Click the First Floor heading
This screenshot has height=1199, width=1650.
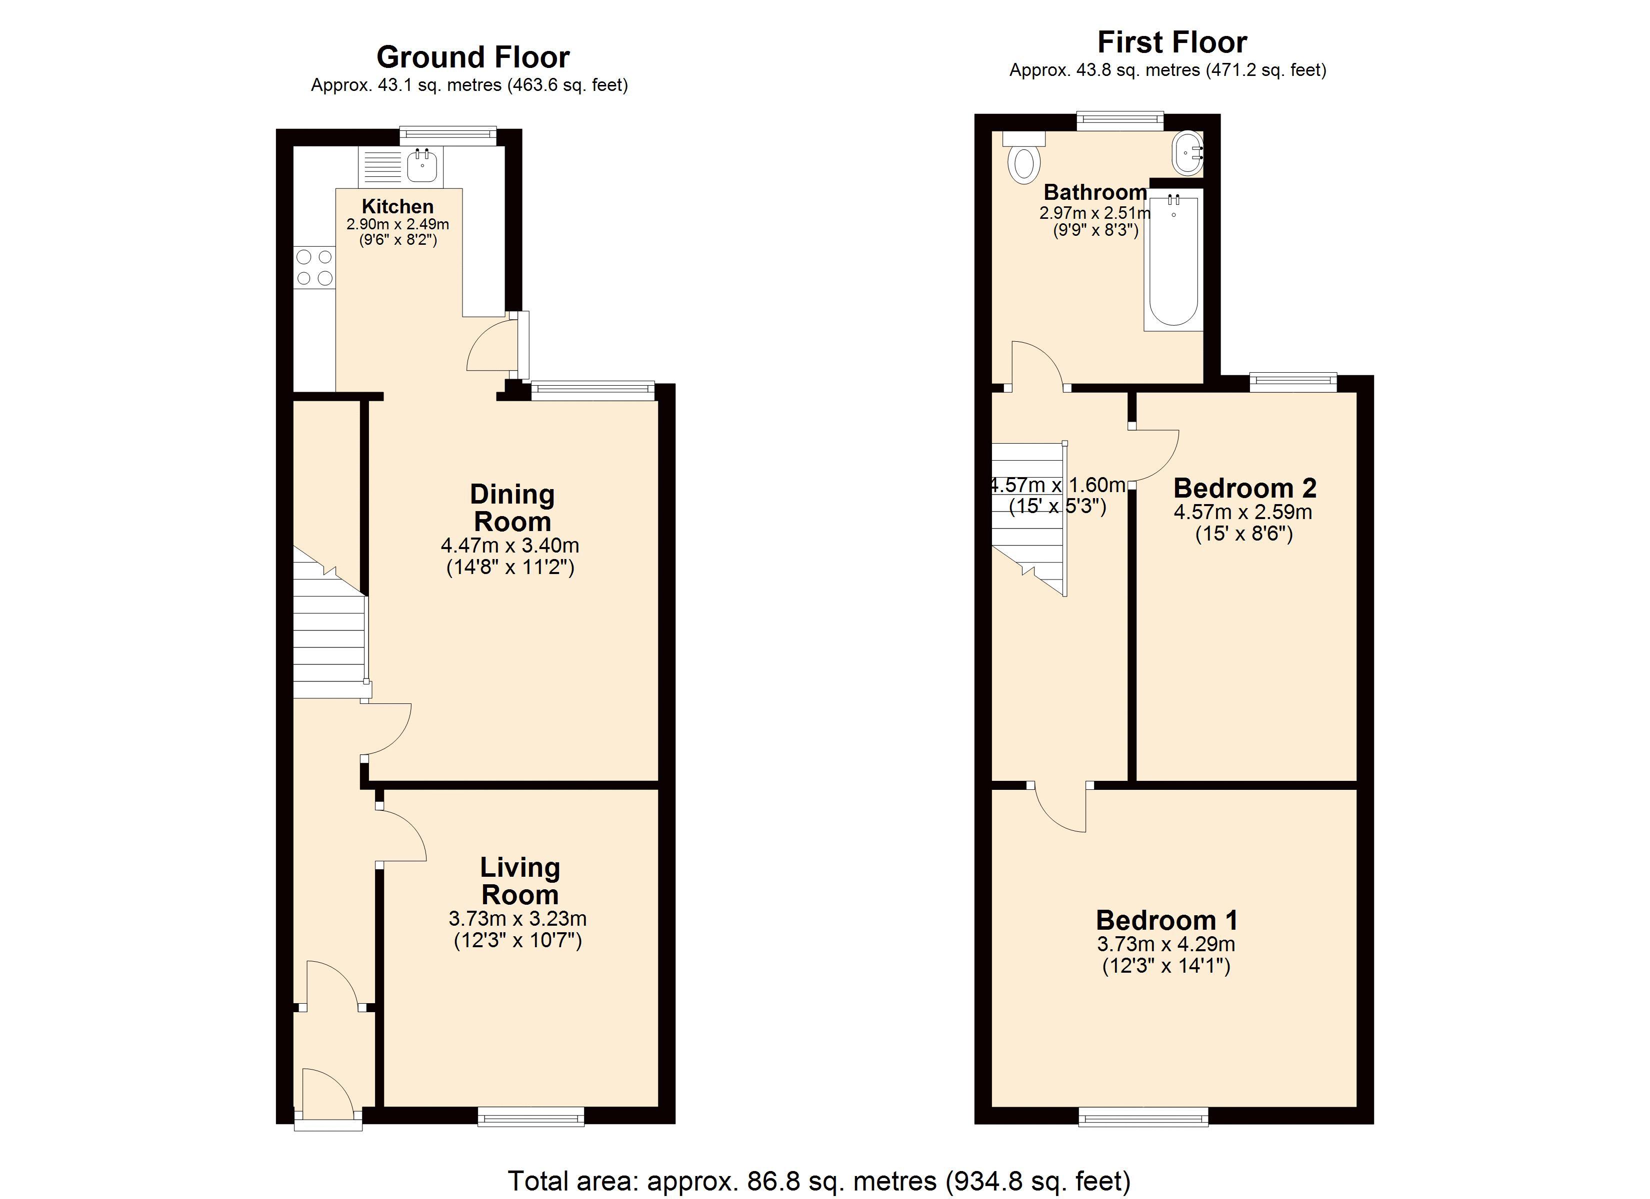point(1171,42)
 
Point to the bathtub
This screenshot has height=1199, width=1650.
point(1173,260)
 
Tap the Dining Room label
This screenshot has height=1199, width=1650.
point(512,508)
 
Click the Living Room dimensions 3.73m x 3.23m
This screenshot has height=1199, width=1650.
point(517,918)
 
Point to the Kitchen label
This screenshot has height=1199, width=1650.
point(397,206)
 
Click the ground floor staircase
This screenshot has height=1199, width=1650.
point(329,632)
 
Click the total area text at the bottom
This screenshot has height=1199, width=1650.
point(818,1180)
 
